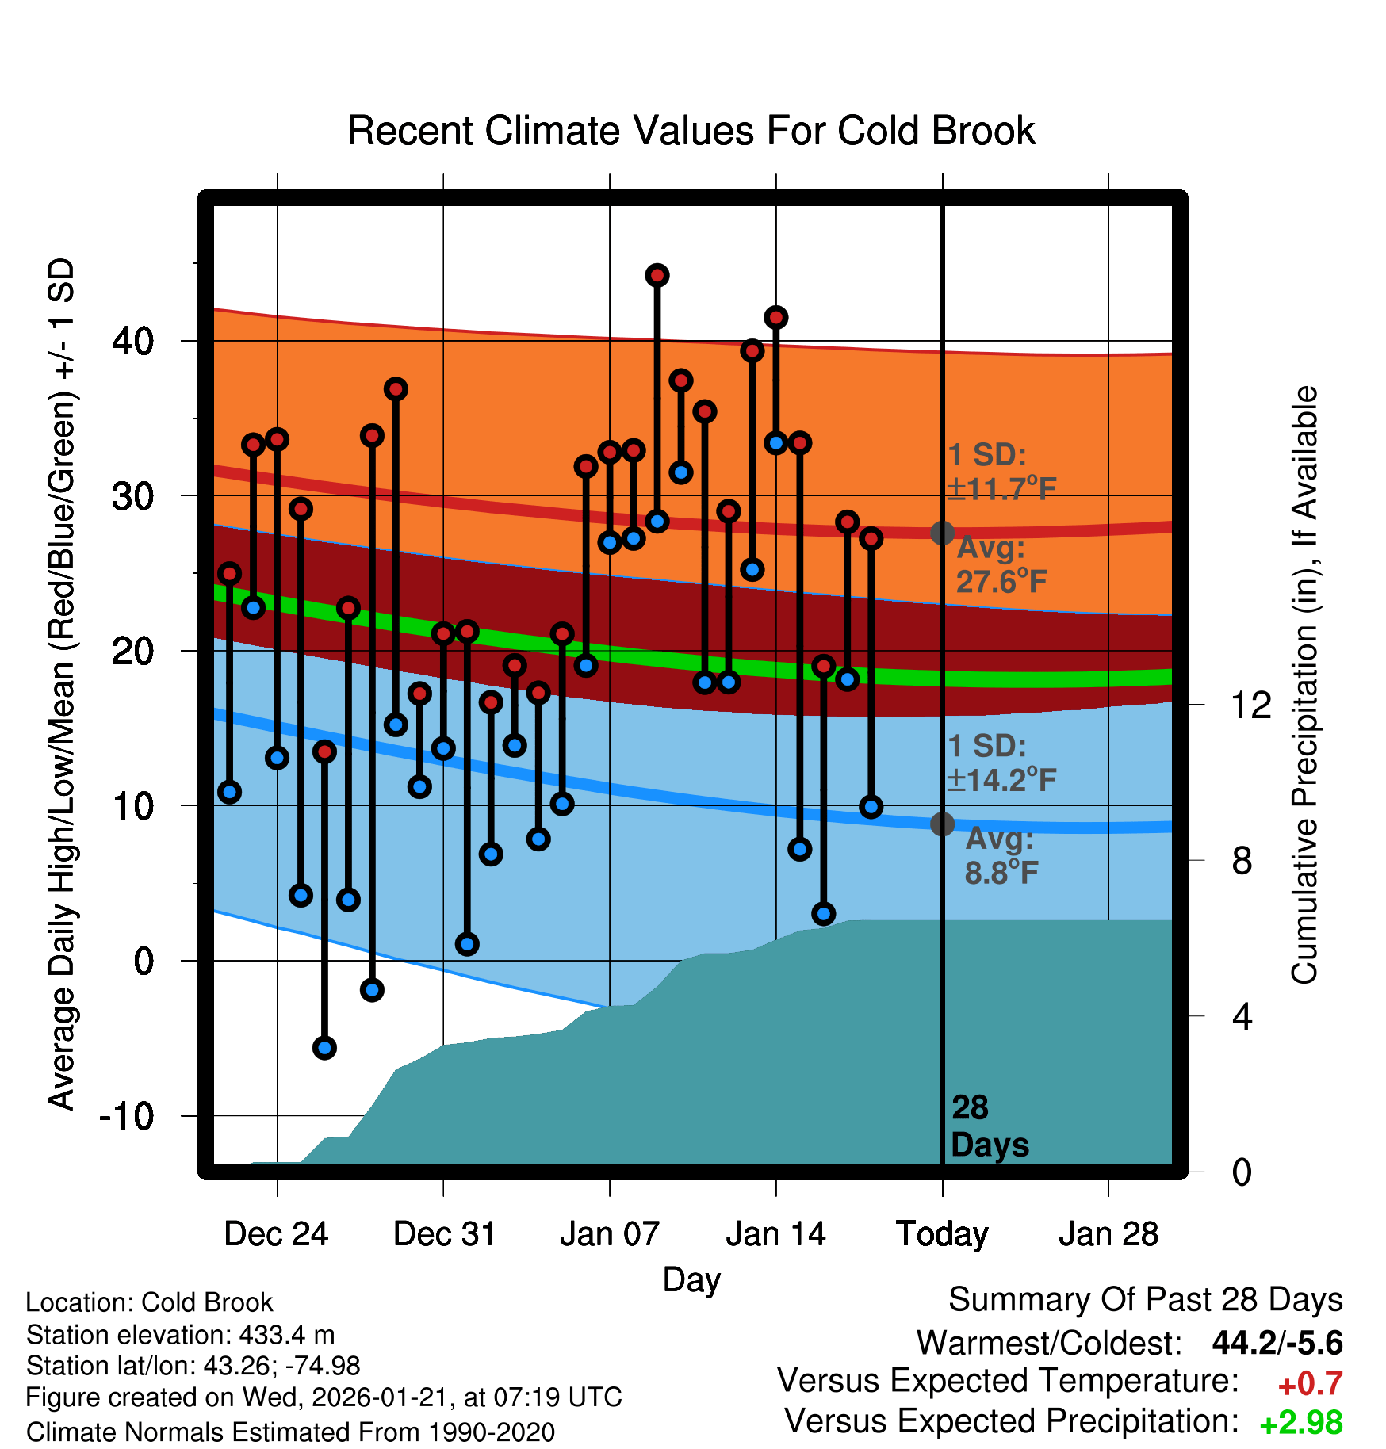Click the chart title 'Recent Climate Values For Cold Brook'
(x=691, y=131)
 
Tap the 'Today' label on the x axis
(x=942, y=1234)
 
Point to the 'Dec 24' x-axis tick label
(x=276, y=1234)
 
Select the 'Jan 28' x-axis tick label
(x=1108, y=1234)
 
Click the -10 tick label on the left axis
(x=127, y=1116)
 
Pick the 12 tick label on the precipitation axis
(x=1250, y=705)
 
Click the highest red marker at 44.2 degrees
(x=657, y=275)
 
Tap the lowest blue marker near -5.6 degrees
(x=324, y=1048)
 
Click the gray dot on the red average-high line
(x=942, y=533)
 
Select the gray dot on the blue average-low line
(x=942, y=824)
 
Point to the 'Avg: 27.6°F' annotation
(x=1001, y=565)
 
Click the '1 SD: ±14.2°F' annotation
(x=1001, y=763)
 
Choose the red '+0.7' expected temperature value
(x=1310, y=1384)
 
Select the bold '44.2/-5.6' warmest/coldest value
(x=1277, y=1343)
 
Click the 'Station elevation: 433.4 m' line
(x=181, y=1335)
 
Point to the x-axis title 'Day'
(x=691, y=1279)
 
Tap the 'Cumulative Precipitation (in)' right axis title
(x=1304, y=685)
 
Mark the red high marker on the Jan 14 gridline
(x=776, y=317)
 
